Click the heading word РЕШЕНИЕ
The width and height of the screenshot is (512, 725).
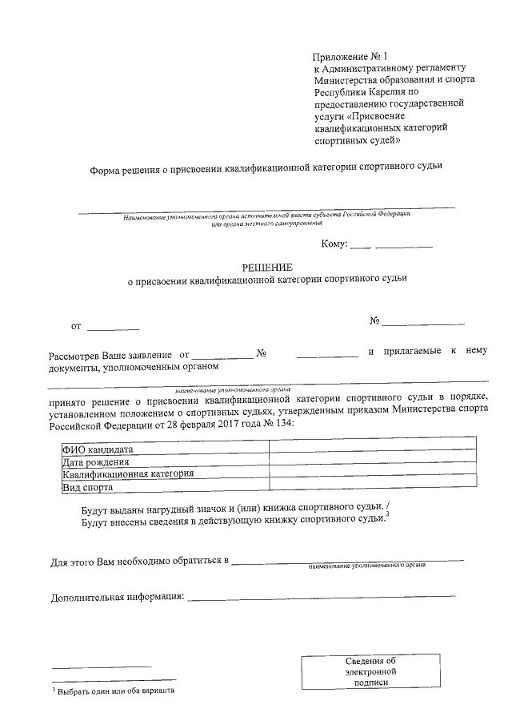click(267, 267)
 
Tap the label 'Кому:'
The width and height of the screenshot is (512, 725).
click(334, 244)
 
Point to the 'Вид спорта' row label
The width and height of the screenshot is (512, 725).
click(88, 486)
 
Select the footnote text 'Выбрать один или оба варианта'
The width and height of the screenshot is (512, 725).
click(115, 691)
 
